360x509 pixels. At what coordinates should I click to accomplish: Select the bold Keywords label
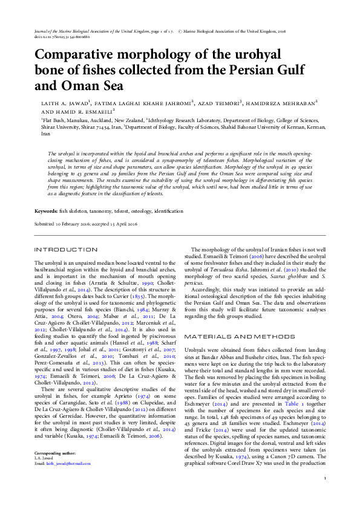click(x=45, y=211)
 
